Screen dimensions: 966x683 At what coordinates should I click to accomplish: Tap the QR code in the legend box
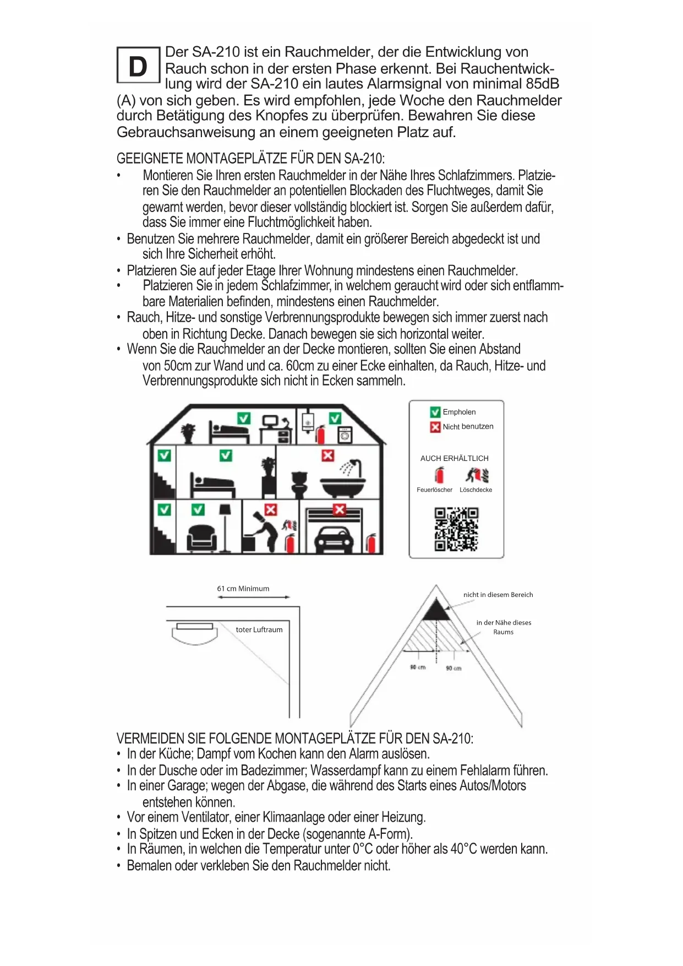456,529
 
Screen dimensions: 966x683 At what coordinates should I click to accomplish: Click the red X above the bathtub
327,455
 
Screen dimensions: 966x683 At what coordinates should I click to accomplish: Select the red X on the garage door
340,509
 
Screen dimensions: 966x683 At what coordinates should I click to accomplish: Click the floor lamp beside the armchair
225,526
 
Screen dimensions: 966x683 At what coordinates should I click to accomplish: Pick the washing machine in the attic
345,435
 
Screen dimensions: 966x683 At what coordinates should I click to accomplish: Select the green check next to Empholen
435,412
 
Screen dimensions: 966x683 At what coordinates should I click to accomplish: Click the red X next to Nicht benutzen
435,427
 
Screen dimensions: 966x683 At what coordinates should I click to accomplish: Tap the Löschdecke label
476,490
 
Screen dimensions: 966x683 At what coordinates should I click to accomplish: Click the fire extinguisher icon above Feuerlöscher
439,475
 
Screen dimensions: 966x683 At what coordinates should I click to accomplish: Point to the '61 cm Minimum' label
243,589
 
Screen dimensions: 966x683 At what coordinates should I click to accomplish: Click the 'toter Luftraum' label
259,629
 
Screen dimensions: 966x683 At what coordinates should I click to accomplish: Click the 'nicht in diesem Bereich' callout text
498,595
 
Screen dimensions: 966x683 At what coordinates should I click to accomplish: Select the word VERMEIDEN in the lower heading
150,739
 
